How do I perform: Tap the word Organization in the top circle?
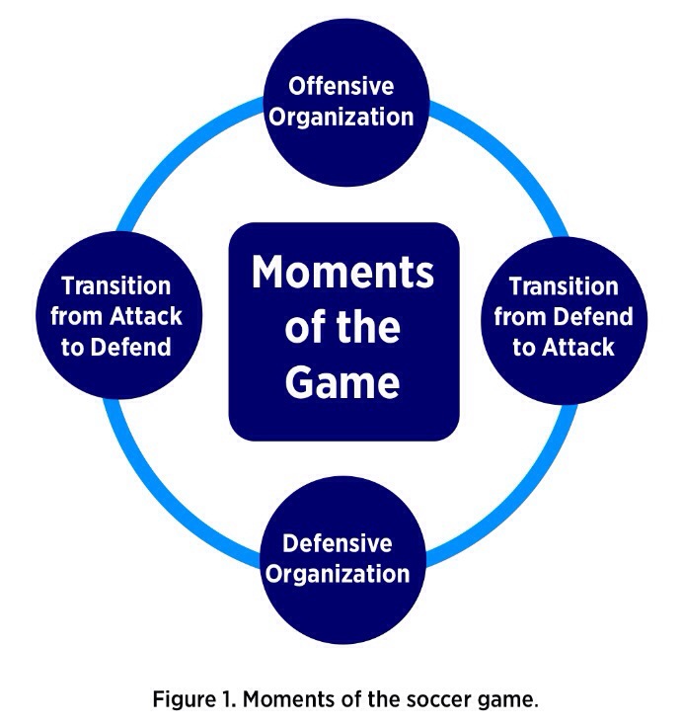coord(342,117)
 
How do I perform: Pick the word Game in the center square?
coord(342,381)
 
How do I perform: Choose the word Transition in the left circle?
coord(116,286)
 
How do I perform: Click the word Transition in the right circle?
coord(564,286)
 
